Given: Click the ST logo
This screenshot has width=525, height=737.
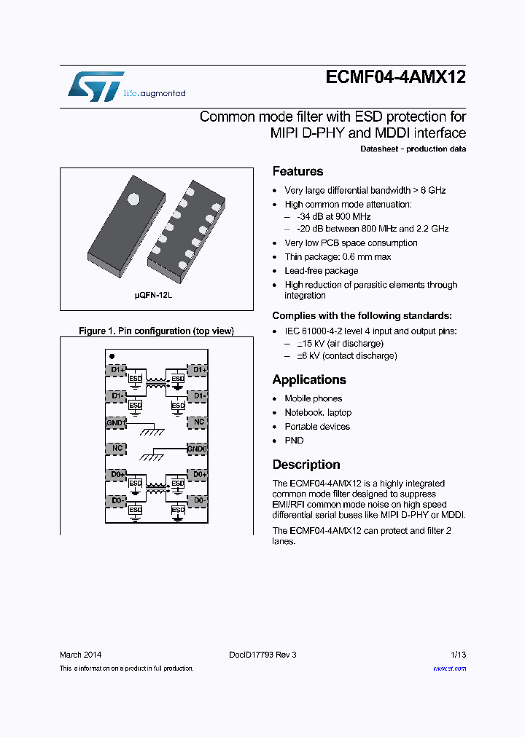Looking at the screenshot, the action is [96, 87].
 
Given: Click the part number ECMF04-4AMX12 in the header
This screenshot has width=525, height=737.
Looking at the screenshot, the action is [394, 79].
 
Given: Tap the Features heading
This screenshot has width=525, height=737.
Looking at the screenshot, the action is [297, 171].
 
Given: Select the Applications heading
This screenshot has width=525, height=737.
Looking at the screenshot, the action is [308, 379].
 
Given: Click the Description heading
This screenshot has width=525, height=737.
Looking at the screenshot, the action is [306, 465].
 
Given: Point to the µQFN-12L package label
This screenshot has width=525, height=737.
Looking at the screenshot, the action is [153, 298].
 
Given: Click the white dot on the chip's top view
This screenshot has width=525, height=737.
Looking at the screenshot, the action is [133, 198].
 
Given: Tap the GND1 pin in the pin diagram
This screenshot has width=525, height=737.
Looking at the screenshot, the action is [116, 422].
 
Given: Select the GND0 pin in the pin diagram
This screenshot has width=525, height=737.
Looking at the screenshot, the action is [198, 449].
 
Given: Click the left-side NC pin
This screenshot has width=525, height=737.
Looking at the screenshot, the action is [116, 449].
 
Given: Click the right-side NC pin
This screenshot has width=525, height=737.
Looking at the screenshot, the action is [198, 422].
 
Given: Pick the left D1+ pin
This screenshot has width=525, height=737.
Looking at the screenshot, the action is [116, 370].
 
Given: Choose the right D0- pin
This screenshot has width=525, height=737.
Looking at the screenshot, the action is [198, 501].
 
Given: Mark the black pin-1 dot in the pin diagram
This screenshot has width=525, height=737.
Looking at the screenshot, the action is [112, 356].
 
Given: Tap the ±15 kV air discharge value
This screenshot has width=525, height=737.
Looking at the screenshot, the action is [309, 343].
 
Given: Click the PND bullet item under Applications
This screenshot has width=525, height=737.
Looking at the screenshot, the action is [294, 441].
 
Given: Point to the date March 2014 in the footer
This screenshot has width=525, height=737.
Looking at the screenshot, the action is [80, 655].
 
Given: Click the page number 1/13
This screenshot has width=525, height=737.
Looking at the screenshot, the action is [458, 655].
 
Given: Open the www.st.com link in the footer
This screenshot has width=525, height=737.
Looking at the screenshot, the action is [449, 669].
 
